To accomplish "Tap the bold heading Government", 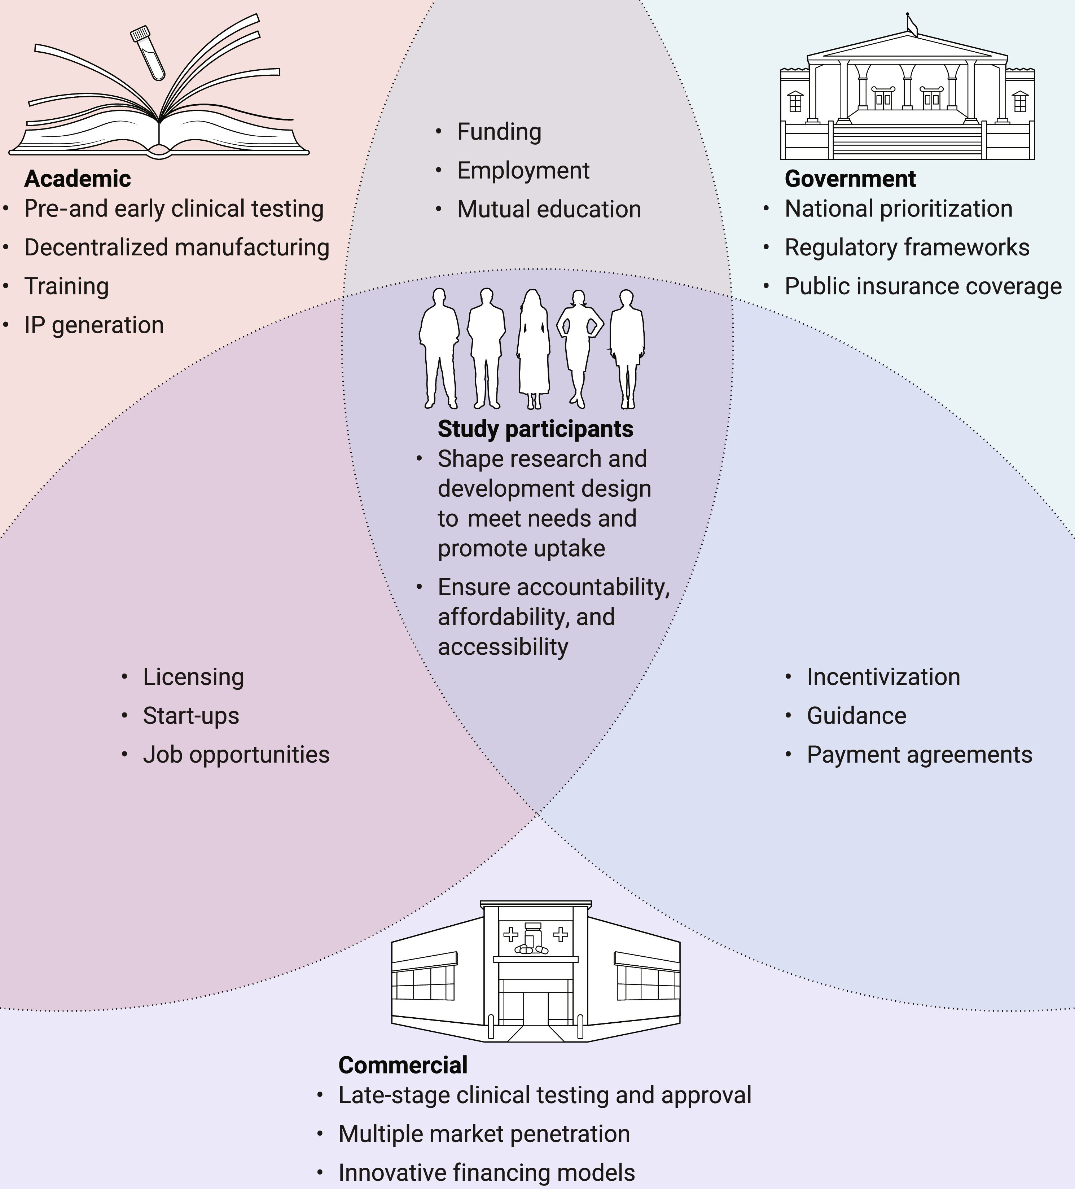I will click(850, 179).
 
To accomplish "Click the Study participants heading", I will click(535, 429).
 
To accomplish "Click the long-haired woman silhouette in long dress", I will click(534, 348).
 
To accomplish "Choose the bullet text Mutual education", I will click(548, 209).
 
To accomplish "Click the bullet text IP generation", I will click(94, 325).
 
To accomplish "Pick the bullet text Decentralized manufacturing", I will click(176, 247).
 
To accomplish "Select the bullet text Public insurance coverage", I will click(923, 286).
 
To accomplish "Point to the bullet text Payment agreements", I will click(919, 754).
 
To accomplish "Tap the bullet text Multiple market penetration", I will click(483, 1133).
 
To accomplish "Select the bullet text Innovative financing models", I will click(487, 1172).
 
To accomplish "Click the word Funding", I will click(499, 132).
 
